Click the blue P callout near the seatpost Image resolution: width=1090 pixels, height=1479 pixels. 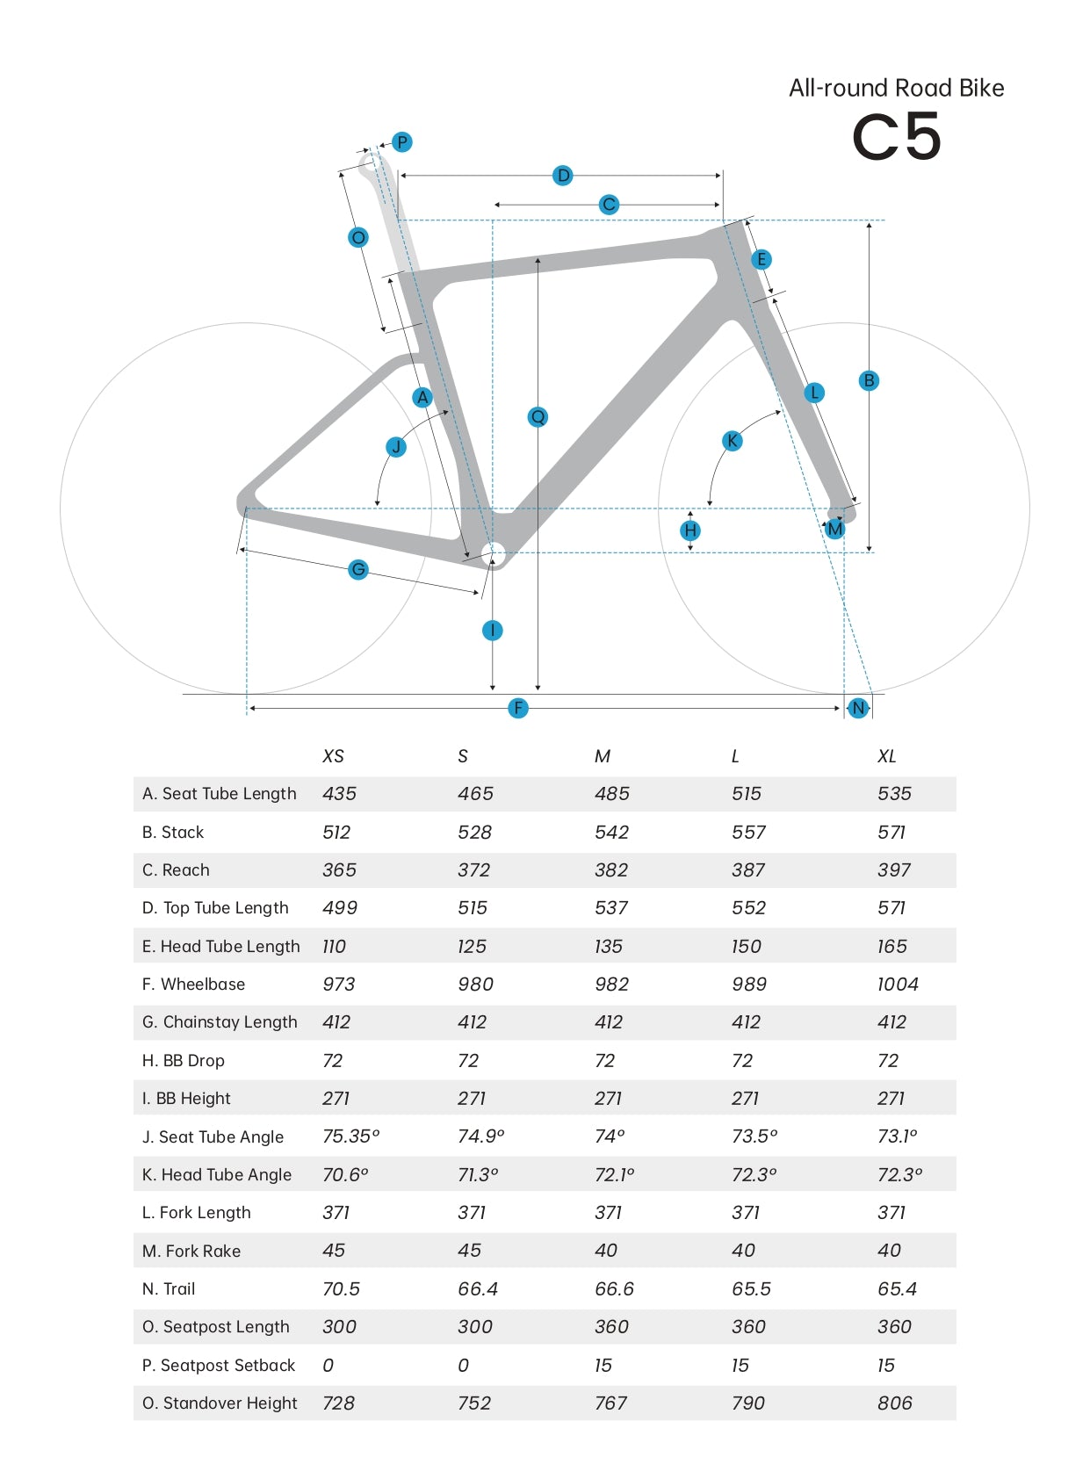[401, 142]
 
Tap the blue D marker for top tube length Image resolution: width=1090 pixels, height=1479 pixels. [563, 176]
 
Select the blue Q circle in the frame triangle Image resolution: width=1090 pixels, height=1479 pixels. [538, 416]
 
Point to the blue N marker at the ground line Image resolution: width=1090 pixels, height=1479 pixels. [858, 708]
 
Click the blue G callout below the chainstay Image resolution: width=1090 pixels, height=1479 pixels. [357, 570]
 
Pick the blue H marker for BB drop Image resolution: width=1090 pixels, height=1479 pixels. [690, 530]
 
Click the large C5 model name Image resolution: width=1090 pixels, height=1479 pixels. [896, 138]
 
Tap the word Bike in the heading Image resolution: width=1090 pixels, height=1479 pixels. [981, 88]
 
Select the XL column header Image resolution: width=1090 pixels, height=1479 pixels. [886, 756]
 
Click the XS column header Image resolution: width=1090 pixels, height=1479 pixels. [333, 756]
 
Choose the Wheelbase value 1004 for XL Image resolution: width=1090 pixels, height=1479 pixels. [898, 985]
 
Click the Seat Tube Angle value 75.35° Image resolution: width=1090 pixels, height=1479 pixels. [350, 1136]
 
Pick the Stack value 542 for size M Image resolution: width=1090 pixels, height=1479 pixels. [611, 833]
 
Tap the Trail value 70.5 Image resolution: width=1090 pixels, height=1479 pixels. [341, 1289]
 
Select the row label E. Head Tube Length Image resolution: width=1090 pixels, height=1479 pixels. [221, 947]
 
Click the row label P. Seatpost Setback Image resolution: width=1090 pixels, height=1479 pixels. [219, 1366]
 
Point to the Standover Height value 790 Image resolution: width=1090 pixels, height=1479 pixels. [748, 1403]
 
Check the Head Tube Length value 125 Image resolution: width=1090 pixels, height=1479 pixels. [472, 947]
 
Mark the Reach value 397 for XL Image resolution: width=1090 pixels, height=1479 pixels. [894, 870]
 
